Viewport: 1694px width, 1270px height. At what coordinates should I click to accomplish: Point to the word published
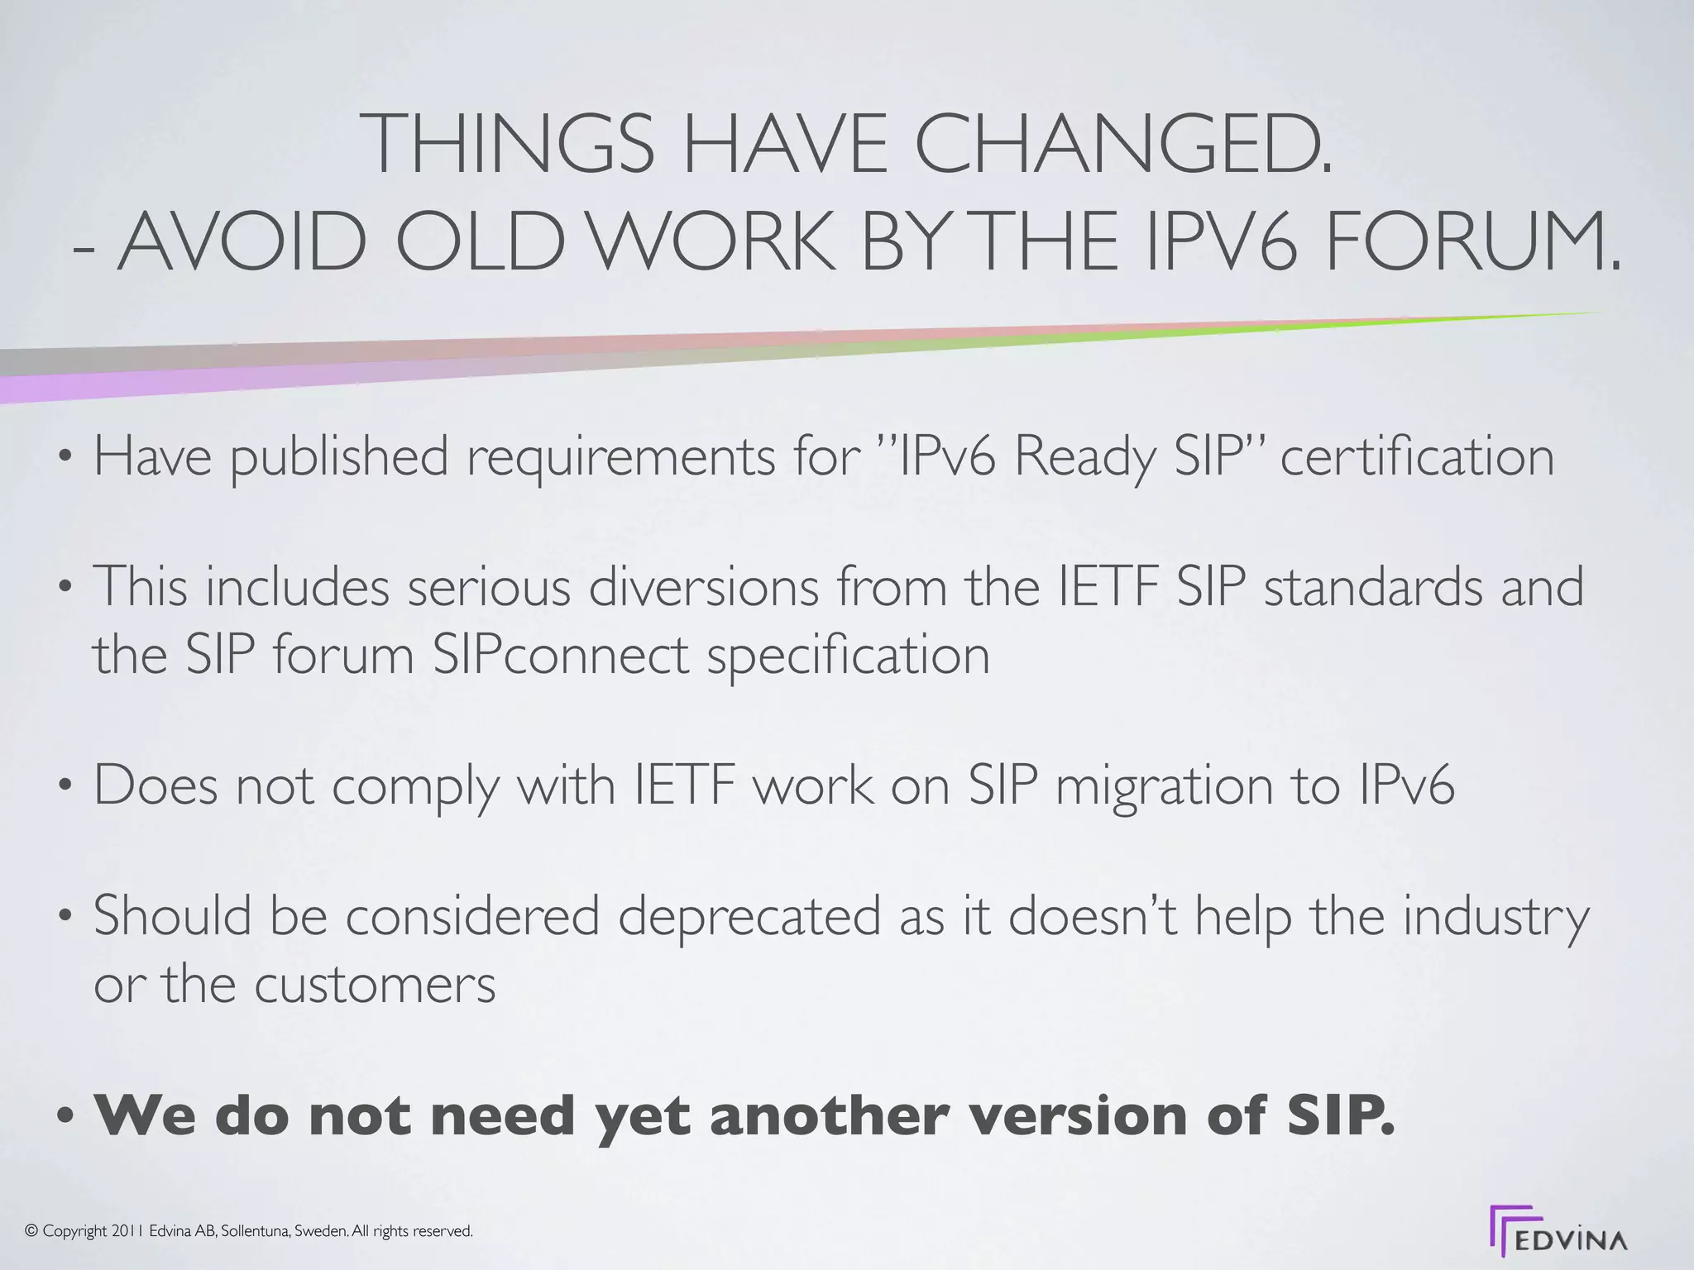(339, 457)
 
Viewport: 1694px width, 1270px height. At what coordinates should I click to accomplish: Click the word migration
(1164, 785)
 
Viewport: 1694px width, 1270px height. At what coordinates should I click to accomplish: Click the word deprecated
(749, 918)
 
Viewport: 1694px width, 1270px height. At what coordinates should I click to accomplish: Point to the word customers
(374, 984)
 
